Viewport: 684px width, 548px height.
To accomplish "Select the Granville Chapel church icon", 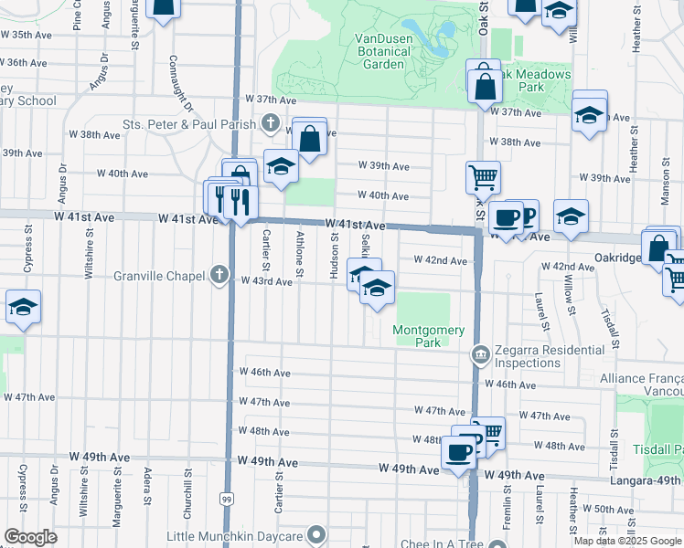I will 219,275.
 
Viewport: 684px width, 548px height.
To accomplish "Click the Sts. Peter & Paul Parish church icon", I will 271,122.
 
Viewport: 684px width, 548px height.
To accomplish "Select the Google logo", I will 30,537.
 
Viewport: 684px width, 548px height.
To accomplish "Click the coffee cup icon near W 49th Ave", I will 458,450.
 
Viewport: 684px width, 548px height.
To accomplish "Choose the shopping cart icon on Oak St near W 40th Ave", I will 482,175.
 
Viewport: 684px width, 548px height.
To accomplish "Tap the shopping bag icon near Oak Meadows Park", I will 486,87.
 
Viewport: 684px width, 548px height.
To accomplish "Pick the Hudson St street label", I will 335,249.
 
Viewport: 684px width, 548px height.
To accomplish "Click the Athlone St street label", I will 300,249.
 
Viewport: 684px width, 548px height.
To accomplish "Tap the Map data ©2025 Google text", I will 626,541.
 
